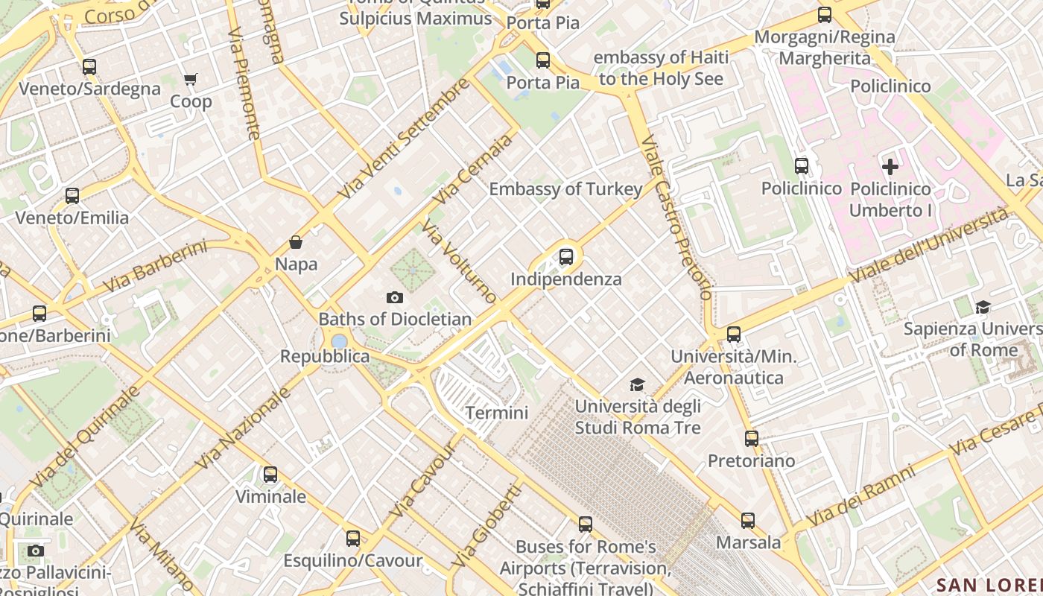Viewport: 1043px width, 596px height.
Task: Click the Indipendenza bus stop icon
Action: click(566, 257)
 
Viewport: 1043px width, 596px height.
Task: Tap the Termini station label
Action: click(497, 413)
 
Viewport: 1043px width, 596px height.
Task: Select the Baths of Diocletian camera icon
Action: click(395, 298)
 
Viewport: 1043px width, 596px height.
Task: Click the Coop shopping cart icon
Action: click(191, 79)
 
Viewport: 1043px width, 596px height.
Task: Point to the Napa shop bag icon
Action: click(296, 242)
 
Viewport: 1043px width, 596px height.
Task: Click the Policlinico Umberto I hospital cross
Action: click(890, 167)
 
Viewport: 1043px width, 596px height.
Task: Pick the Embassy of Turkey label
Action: click(565, 189)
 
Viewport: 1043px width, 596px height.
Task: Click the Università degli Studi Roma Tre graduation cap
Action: click(637, 384)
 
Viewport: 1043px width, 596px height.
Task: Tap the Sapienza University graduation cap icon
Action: click(983, 307)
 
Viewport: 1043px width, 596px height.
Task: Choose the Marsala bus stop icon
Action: click(748, 521)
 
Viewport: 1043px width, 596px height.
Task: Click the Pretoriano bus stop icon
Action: click(751, 439)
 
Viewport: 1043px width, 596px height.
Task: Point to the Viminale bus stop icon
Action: click(270, 475)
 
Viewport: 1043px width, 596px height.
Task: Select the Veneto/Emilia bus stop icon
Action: click(72, 196)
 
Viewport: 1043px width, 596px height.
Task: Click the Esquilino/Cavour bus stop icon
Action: click(353, 538)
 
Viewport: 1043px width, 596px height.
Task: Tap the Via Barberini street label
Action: click(155, 266)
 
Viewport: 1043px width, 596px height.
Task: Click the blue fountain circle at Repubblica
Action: click(339, 341)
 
